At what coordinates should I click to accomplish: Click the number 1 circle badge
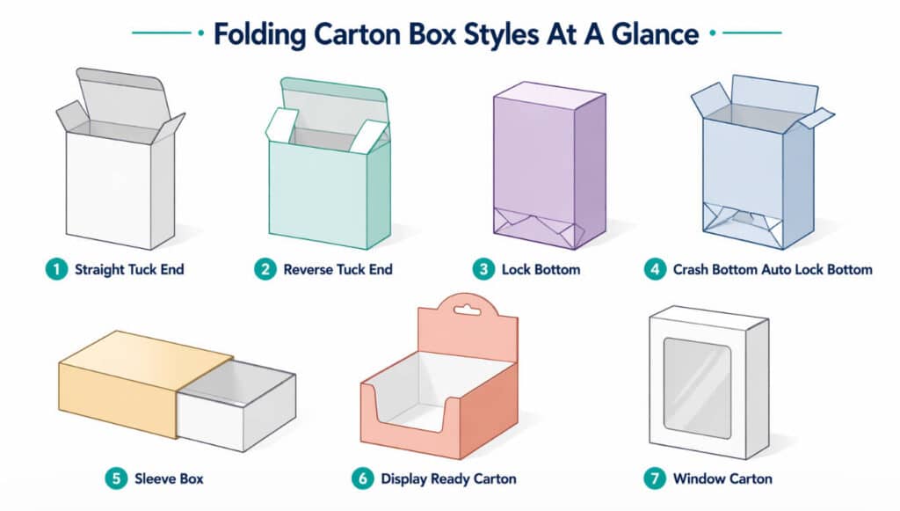pyautogui.click(x=56, y=269)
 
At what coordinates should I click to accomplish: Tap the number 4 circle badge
pyautogui.click(x=655, y=269)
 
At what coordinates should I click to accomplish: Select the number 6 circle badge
pyautogui.click(x=363, y=478)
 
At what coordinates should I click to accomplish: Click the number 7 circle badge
pyautogui.click(x=655, y=478)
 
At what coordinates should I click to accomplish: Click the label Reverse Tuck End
pyautogui.click(x=338, y=269)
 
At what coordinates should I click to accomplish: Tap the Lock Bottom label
pyautogui.click(x=541, y=269)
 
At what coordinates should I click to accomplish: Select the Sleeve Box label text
pyautogui.click(x=169, y=478)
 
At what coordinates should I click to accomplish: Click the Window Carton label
pyautogui.click(x=722, y=478)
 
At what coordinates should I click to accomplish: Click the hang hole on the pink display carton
pyautogui.click(x=468, y=310)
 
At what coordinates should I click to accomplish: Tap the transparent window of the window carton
pyautogui.click(x=697, y=388)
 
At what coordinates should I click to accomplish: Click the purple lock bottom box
pyautogui.click(x=549, y=165)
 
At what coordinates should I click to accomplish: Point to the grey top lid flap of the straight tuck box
pyautogui.click(x=121, y=91)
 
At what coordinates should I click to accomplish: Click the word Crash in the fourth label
pyautogui.click(x=691, y=269)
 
